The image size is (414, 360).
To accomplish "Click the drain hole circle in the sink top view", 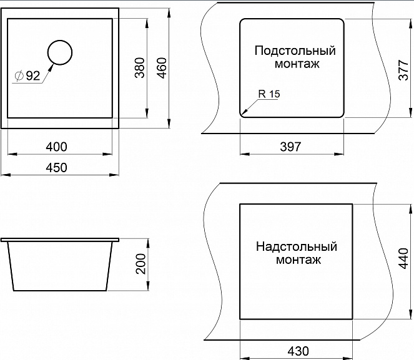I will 59,52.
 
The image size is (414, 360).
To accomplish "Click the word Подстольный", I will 295,51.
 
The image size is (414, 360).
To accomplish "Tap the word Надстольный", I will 296,246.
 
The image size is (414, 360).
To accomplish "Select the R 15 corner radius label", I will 269,94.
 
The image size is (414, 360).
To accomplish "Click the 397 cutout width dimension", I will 290,147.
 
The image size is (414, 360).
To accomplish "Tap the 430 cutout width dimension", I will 298,351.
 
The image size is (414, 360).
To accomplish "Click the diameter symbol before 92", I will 19,76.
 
